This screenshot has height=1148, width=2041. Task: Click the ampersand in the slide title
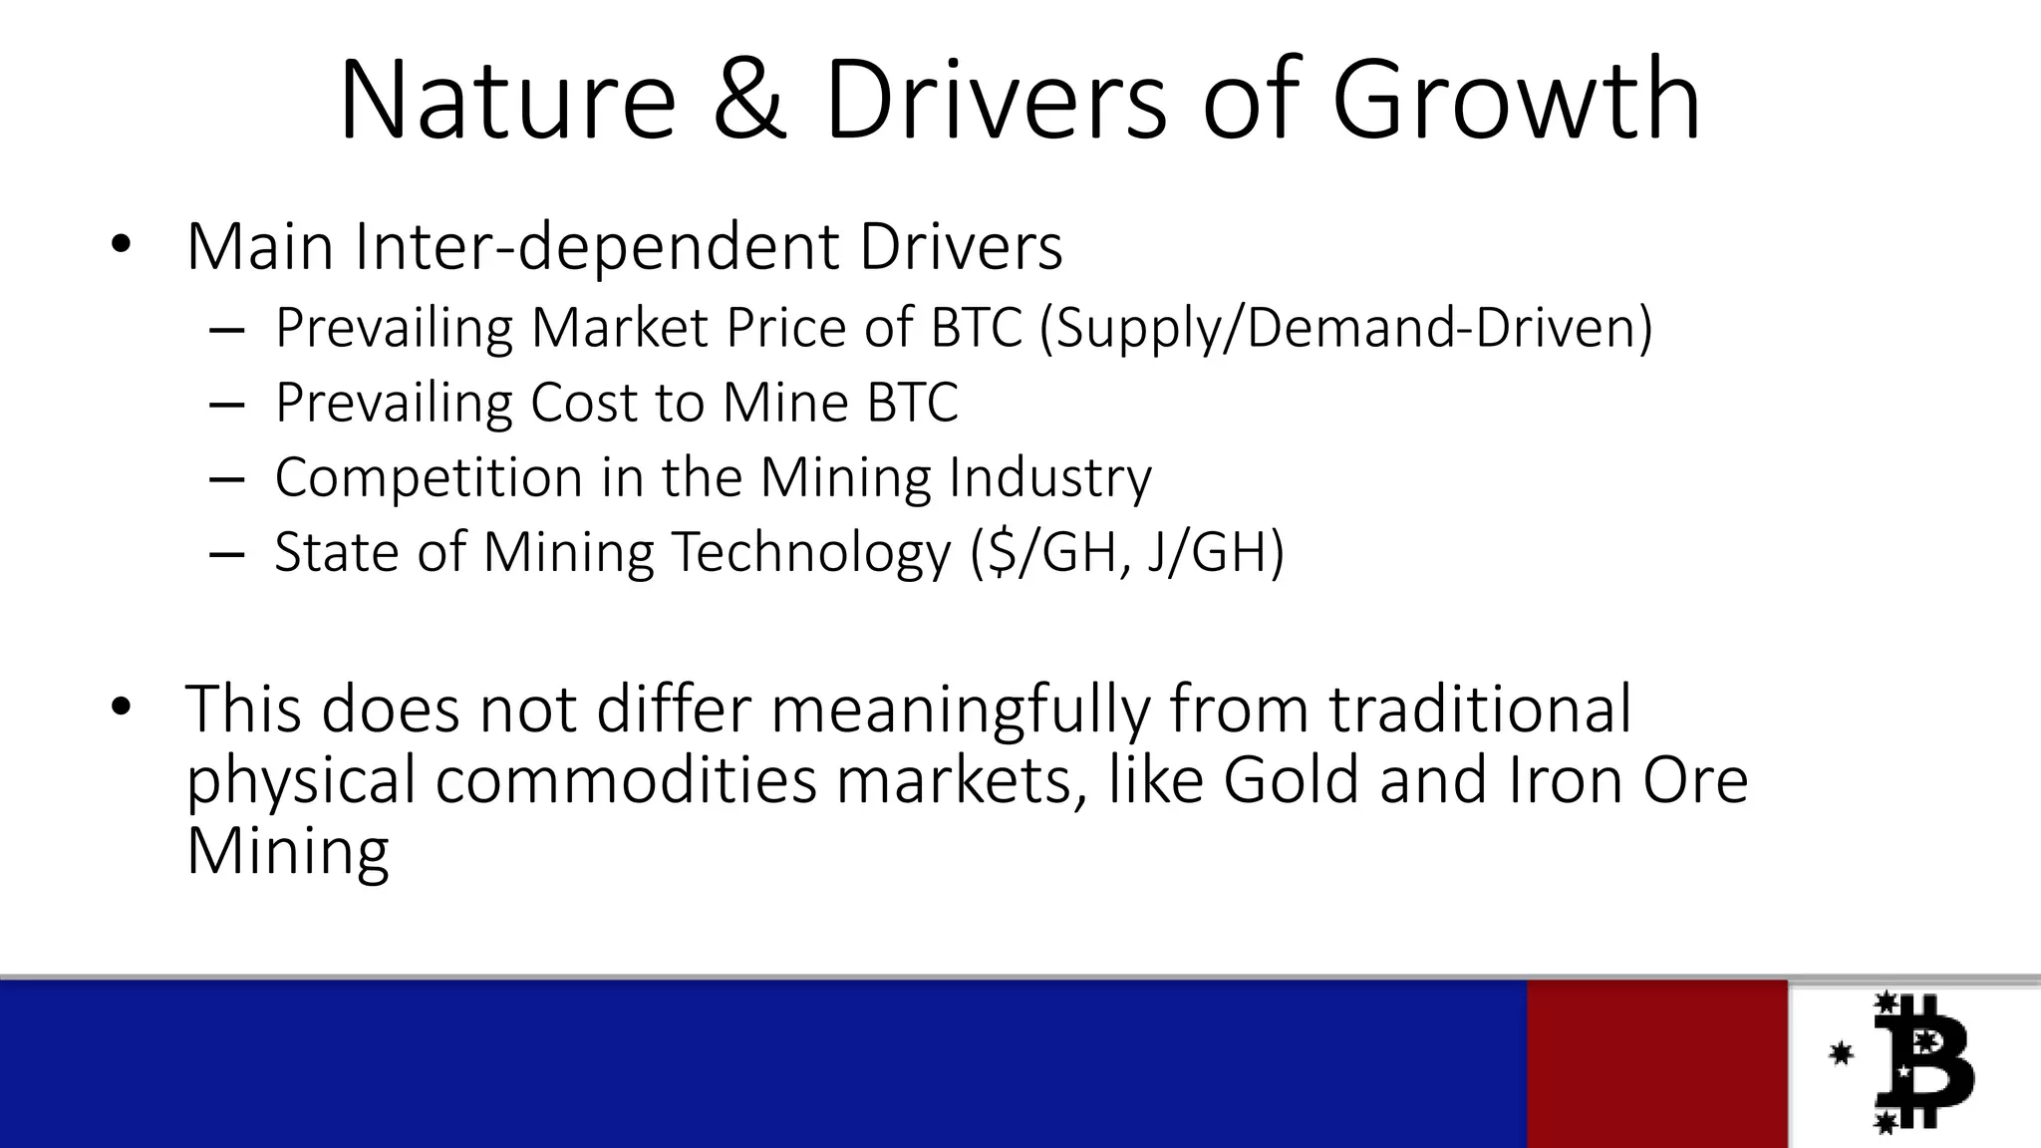pos(750,102)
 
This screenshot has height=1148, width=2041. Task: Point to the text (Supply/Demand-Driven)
pos(1345,328)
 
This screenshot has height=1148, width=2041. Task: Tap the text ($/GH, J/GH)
pos(1128,553)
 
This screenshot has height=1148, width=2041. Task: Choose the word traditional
pos(1480,710)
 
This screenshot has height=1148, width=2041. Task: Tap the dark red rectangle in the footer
pos(1656,1062)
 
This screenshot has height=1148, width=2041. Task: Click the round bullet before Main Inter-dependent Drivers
pos(121,245)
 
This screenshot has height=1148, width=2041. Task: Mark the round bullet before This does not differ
pos(121,709)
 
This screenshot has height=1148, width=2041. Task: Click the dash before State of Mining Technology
pos(227,554)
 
